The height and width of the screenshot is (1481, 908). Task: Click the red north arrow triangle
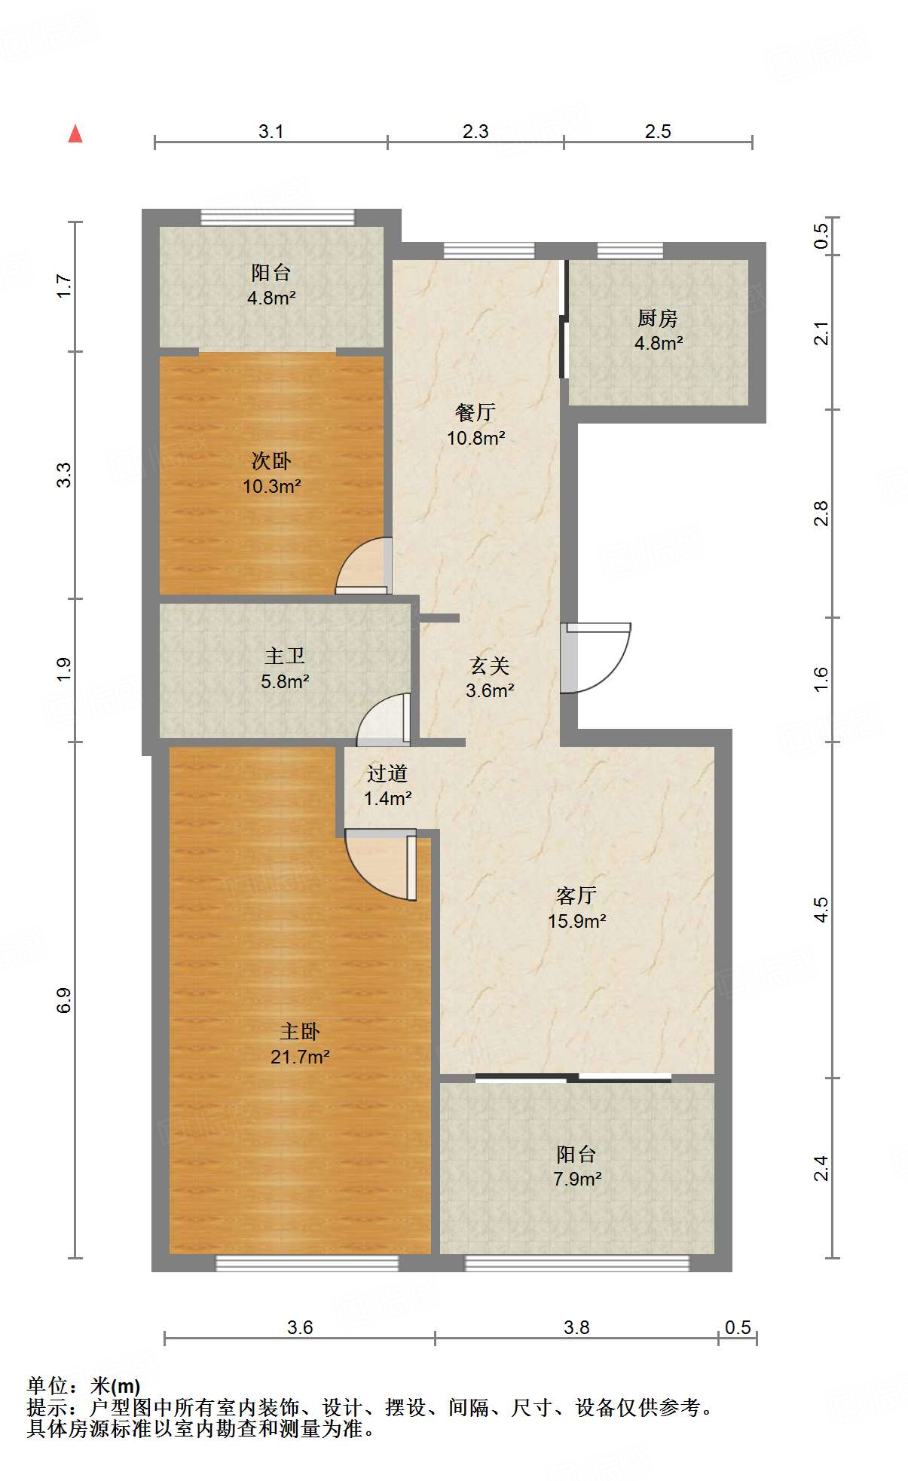(x=75, y=134)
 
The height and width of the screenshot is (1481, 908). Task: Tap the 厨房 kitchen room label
(x=658, y=319)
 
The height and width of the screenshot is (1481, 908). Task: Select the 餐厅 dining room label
(x=475, y=412)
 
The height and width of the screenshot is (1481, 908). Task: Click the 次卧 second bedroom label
(x=271, y=461)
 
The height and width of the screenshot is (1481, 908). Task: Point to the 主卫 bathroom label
(x=285, y=656)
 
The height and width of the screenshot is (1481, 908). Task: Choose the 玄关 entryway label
(x=490, y=666)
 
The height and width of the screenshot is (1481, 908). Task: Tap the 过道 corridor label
(x=387, y=773)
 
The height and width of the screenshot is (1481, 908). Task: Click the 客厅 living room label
(x=576, y=895)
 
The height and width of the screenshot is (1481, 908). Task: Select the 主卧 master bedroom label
(x=300, y=1031)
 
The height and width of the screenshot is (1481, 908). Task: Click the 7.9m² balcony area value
(x=577, y=1179)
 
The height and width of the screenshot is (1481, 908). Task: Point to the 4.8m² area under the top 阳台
(x=271, y=298)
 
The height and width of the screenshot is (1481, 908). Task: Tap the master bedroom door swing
(x=381, y=864)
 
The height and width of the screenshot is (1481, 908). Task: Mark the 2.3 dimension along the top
(x=475, y=131)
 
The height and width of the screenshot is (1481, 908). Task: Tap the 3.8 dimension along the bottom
(x=576, y=1327)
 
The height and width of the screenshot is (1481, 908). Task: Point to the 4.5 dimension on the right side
(x=821, y=910)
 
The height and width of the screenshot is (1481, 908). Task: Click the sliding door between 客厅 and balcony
(x=573, y=1078)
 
